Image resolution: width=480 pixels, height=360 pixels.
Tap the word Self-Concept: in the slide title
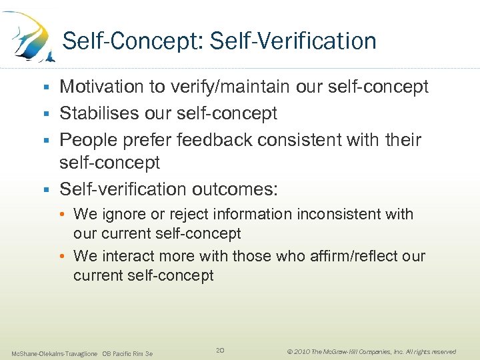click(x=133, y=41)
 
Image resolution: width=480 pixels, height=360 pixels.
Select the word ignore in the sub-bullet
click(x=119, y=215)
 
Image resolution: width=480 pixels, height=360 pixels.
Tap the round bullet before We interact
click(x=65, y=257)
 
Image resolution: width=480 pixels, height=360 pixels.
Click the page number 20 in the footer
click(x=220, y=350)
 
